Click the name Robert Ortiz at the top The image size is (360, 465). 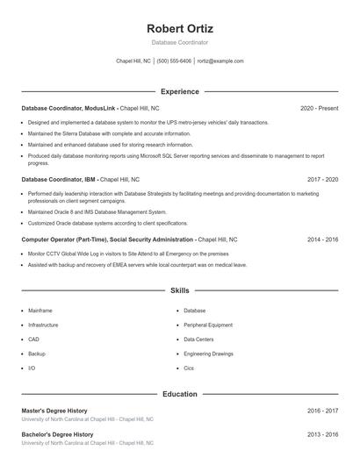(179, 29)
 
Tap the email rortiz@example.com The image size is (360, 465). (220, 61)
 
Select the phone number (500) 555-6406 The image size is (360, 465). (174, 61)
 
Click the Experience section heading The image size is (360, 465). (179, 91)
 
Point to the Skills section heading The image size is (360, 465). (179, 290)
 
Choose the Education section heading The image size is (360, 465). (179, 394)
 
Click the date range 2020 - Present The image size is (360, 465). (319, 108)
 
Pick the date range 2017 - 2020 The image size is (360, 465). (322, 179)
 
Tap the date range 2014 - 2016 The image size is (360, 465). (322, 239)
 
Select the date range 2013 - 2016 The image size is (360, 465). (322, 434)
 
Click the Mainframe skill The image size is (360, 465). (40, 311)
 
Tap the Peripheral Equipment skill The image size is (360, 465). (208, 325)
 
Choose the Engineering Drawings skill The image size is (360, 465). (209, 354)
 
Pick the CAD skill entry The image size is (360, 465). (33, 339)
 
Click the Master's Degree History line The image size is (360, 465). (54, 411)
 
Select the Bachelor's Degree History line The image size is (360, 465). (57, 434)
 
